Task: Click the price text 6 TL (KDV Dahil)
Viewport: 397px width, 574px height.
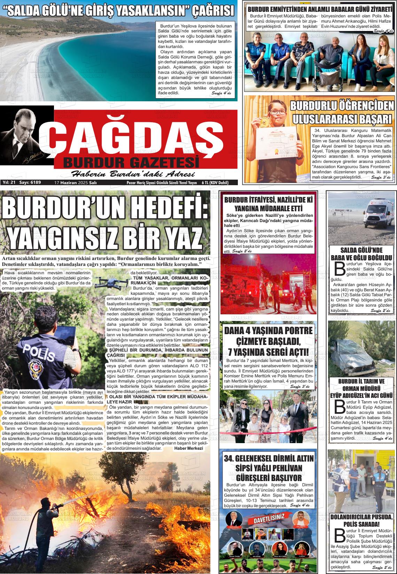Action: click(x=215, y=182)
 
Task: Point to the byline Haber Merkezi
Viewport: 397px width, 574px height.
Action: click(x=188, y=448)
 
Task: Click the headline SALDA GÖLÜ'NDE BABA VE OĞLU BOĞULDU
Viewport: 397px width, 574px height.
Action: click(x=361, y=254)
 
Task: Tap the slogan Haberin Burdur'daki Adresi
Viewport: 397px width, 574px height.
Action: click(x=133, y=174)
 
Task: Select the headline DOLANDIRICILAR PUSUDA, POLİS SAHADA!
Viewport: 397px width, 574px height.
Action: click(x=361, y=521)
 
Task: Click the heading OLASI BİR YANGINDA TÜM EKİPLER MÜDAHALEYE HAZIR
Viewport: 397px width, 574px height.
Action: click(x=158, y=399)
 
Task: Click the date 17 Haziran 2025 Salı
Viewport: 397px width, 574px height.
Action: click(x=76, y=182)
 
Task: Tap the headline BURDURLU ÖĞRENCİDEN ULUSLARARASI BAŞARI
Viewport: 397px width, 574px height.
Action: click(x=341, y=112)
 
